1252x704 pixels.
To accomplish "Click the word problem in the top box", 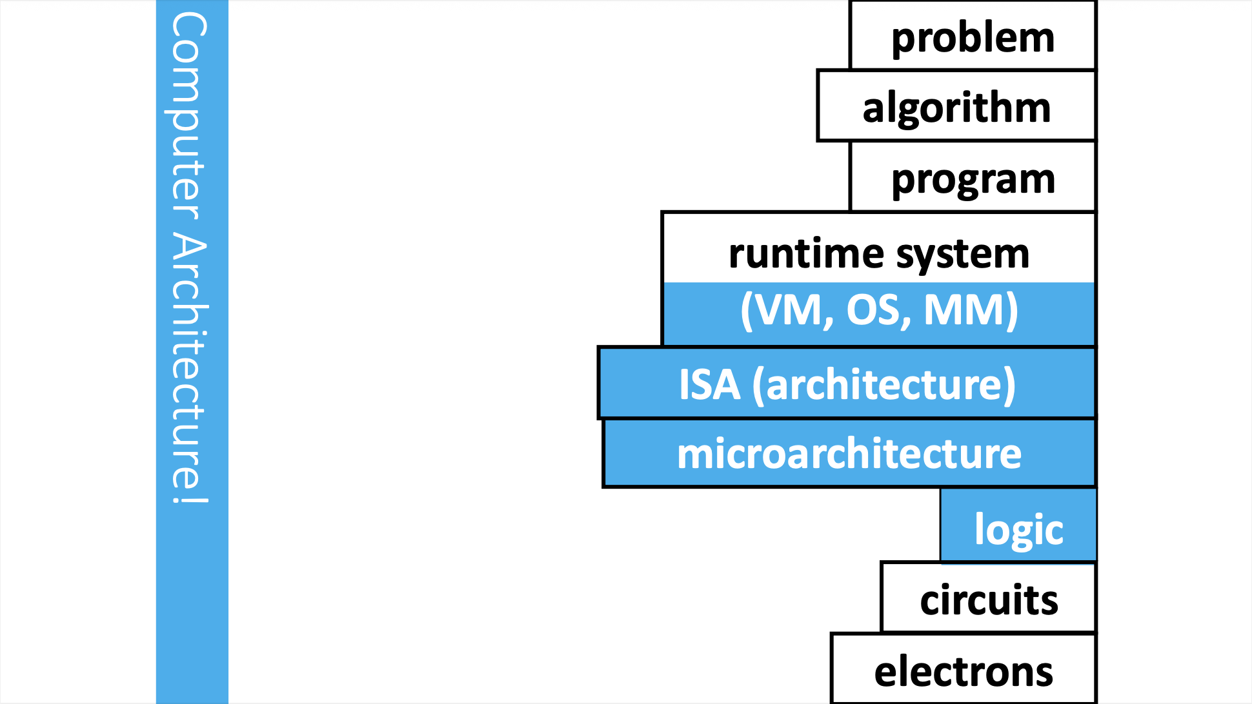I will [x=973, y=39].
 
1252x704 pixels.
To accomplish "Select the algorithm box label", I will [x=956, y=107].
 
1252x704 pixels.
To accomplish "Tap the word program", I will [x=973, y=180].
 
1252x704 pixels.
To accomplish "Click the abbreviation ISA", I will [x=709, y=385].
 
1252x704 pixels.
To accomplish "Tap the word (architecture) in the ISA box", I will [x=884, y=385].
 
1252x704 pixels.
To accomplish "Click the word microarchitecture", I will [x=849, y=454].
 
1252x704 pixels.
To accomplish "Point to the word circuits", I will [x=989, y=600].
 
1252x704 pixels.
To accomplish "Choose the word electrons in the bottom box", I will [x=964, y=672].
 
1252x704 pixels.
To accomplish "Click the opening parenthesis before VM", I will [x=747, y=311].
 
